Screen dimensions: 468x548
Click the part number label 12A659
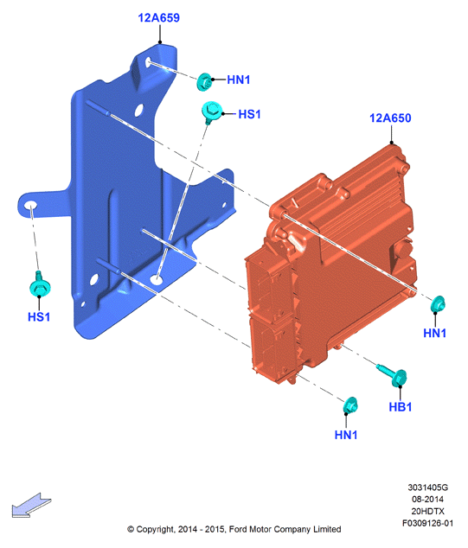(159, 18)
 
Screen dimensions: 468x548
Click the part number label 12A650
(390, 118)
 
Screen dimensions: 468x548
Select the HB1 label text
(401, 407)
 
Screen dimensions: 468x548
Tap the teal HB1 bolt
(394, 375)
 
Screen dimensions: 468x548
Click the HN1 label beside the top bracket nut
(239, 80)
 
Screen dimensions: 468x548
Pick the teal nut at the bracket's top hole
(204, 82)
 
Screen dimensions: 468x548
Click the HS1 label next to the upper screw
(249, 114)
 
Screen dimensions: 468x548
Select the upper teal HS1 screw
(211, 112)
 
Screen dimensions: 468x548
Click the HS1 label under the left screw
(39, 317)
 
